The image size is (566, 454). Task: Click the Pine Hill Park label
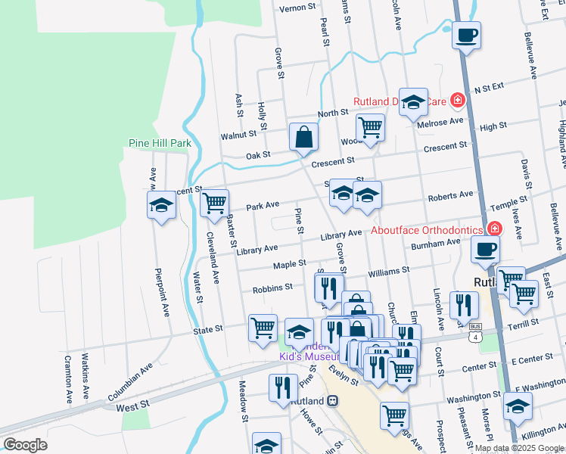pos(160,143)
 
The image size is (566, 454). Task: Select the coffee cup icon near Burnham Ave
pos(485,249)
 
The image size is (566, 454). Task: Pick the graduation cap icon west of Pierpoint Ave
pos(161,205)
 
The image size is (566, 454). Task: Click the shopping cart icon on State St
pos(263,328)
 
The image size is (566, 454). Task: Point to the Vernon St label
pos(297,8)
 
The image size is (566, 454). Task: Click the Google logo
pos(25,445)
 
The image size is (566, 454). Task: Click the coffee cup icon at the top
pos(467,34)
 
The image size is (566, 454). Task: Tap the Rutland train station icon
pos(331,401)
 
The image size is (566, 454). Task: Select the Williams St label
pos(388,269)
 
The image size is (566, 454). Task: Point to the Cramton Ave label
pos(67,378)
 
